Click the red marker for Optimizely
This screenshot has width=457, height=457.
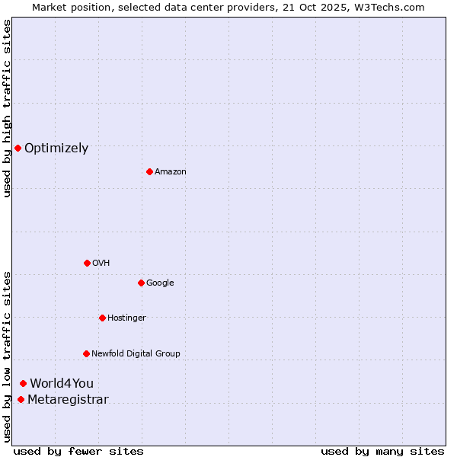(18, 148)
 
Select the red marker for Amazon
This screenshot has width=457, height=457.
(149, 171)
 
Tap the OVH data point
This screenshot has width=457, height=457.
(87, 263)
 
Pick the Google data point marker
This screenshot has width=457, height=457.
(141, 283)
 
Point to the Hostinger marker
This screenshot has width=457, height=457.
(102, 318)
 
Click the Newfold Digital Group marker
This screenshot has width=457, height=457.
(86, 353)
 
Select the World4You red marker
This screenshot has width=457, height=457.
(24, 383)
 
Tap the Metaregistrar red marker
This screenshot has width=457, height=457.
(21, 400)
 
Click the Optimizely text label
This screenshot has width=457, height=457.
(56, 149)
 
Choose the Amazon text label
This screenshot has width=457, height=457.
(171, 172)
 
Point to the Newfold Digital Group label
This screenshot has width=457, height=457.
(136, 353)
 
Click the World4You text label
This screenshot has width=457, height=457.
(62, 384)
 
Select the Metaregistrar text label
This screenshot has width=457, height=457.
(68, 400)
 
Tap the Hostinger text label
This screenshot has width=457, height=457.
(126, 318)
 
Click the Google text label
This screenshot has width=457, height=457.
(160, 283)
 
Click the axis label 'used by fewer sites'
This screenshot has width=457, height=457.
(78, 451)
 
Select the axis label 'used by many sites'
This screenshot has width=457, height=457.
(382, 451)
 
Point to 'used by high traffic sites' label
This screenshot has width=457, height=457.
(7, 108)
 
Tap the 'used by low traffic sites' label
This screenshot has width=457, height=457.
(7, 356)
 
